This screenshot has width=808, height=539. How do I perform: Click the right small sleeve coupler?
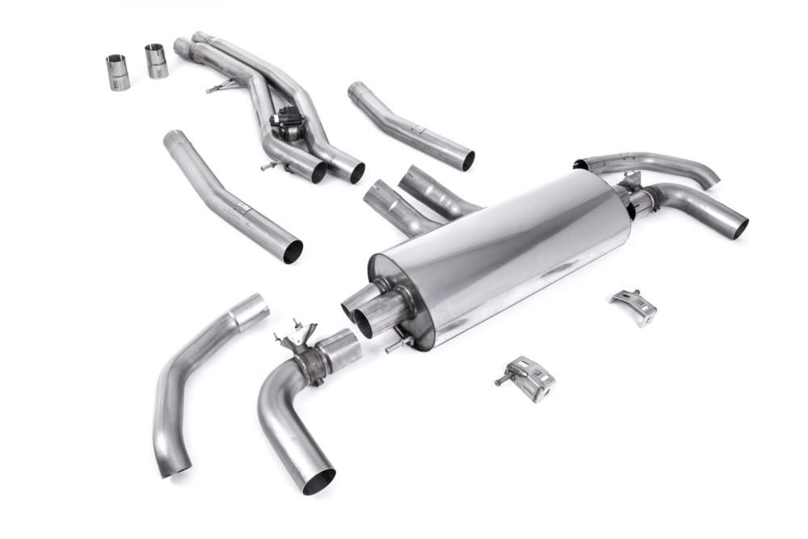[x=156, y=61]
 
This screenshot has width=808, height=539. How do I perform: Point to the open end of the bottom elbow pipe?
[x=318, y=480]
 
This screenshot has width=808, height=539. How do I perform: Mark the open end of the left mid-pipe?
[x=292, y=251]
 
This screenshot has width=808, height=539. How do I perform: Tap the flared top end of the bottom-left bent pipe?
[x=251, y=311]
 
